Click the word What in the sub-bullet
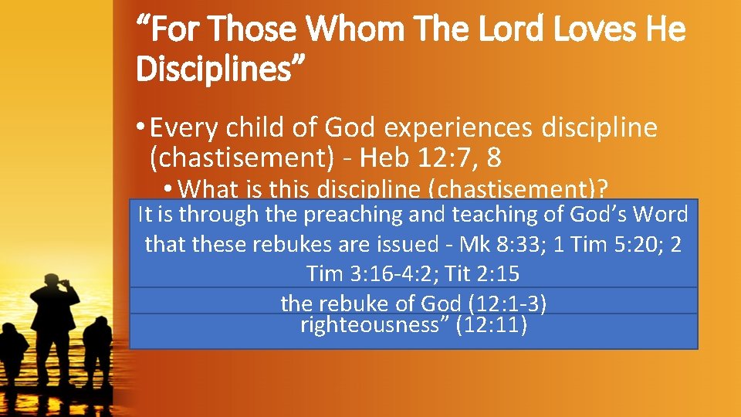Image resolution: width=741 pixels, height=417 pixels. (x=211, y=188)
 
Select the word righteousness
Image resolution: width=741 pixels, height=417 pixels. (x=374, y=324)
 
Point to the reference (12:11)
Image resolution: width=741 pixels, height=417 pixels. (x=492, y=324)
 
